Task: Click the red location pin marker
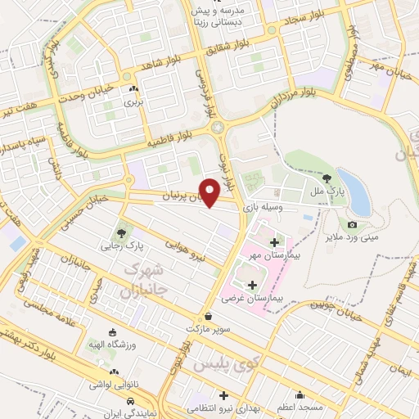pos(210,191)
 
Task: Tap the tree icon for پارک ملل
pos(327,178)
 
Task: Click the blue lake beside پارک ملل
pos(354,191)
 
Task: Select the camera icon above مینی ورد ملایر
pos(353,224)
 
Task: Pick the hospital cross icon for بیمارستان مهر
pos(274,241)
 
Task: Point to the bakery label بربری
pos(133,103)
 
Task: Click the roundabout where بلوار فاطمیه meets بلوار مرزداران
pos(217,127)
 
